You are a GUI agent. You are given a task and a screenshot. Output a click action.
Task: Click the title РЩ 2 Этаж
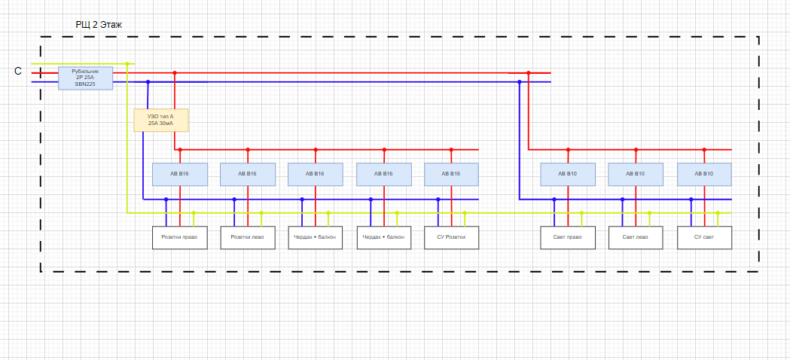click(98, 25)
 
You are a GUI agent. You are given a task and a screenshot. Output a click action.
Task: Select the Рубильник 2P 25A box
click(85, 78)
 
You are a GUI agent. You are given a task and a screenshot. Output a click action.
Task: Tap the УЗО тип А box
click(161, 121)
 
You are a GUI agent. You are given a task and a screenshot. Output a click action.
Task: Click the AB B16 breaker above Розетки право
click(179, 174)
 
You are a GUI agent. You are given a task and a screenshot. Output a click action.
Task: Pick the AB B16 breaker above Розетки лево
click(247, 174)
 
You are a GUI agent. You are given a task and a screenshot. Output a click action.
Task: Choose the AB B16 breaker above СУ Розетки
click(451, 174)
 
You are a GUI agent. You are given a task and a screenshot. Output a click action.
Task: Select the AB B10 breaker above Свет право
click(568, 174)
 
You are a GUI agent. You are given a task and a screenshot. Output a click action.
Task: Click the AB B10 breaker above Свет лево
click(636, 174)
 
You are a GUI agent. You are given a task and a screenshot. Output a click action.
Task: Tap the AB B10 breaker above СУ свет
click(704, 174)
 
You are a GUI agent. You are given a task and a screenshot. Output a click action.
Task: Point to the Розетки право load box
click(179, 237)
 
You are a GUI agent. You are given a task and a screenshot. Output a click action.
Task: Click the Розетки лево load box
click(247, 237)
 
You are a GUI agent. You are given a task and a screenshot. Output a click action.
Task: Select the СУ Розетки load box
click(451, 237)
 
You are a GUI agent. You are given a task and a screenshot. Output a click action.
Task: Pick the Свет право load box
click(568, 237)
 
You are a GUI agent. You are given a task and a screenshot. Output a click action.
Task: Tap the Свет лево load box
click(636, 237)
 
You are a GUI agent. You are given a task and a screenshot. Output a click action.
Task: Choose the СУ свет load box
click(704, 237)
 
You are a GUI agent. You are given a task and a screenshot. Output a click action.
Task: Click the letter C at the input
click(18, 72)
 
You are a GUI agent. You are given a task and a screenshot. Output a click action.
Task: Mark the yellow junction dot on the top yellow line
click(127, 64)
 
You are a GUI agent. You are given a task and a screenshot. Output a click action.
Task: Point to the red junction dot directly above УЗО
click(175, 73)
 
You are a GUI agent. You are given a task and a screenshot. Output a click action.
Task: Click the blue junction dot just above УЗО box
click(148, 81)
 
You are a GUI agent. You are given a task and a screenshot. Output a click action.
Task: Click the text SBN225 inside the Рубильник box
click(85, 84)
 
